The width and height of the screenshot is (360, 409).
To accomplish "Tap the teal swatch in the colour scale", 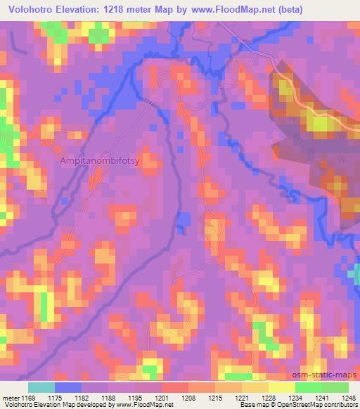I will pyautogui.click(x=41, y=387).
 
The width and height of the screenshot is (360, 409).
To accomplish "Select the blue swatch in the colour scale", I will pyautogui.click(x=67, y=387).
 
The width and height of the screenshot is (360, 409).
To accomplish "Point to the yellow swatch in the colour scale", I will pyautogui.click(x=281, y=387).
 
